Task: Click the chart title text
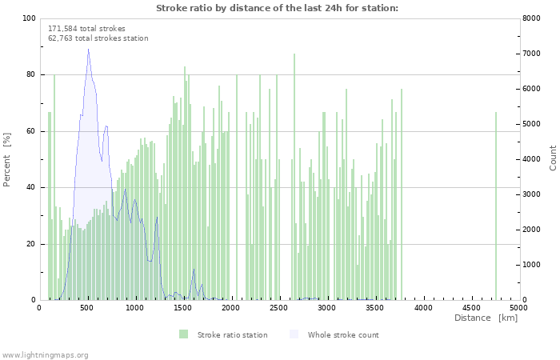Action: [x=277, y=8]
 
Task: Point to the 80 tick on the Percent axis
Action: [x=31, y=74]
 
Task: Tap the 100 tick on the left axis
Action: [x=29, y=18]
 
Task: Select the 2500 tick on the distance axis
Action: [x=279, y=307]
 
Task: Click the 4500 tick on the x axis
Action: [x=471, y=307]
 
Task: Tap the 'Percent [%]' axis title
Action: [x=7, y=159]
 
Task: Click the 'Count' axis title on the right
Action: [x=553, y=158]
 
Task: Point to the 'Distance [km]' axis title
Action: [x=486, y=318]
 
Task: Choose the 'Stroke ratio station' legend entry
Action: [x=232, y=334]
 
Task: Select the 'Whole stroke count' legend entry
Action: [x=343, y=334]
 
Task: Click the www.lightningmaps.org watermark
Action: [x=45, y=354]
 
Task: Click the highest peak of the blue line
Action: [x=88, y=50]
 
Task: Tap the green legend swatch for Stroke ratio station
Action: [x=183, y=334]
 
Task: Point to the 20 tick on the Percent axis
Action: [x=31, y=244]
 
